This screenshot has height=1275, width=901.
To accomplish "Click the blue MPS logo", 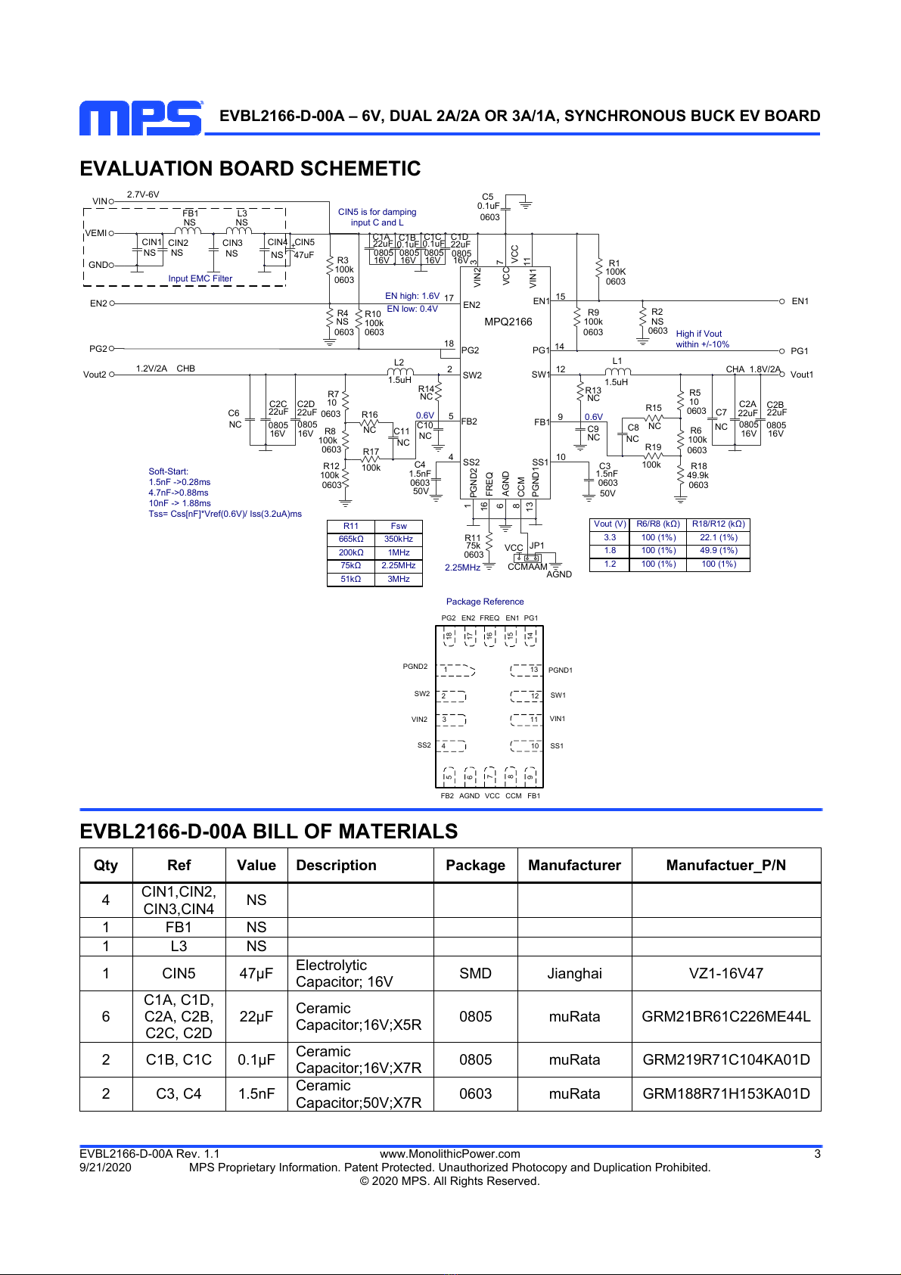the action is click(141, 118).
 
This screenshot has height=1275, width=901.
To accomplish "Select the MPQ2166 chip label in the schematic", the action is click(508, 322).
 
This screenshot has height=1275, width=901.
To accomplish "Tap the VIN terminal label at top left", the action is click(100, 201).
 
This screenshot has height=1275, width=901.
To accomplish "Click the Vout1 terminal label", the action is click(801, 375).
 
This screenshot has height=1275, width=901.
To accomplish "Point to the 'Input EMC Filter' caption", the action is click(200, 279).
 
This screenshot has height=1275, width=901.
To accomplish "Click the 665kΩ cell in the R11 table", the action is click(350, 539).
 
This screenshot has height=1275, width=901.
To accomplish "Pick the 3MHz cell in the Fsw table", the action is click(399, 579).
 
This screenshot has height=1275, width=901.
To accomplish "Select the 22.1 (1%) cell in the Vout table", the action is click(718, 537).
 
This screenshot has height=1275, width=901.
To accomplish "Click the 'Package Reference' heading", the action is click(485, 602).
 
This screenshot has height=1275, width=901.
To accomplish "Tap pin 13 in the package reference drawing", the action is click(534, 670).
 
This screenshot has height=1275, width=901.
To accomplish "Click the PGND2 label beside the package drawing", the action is click(415, 667).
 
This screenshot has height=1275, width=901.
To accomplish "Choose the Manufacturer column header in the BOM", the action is click(574, 865).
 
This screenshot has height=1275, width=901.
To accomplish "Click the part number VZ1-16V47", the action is click(725, 973).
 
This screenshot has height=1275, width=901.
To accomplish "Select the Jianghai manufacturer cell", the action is click(574, 973).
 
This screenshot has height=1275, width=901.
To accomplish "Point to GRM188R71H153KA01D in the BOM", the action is click(725, 1093).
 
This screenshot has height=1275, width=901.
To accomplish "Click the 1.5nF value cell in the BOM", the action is click(256, 1093).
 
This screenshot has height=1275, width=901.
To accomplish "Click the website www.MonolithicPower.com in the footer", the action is click(449, 1154).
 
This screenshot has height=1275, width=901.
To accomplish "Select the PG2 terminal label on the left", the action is click(98, 349).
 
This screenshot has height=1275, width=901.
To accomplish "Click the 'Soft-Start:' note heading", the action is click(169, 471).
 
